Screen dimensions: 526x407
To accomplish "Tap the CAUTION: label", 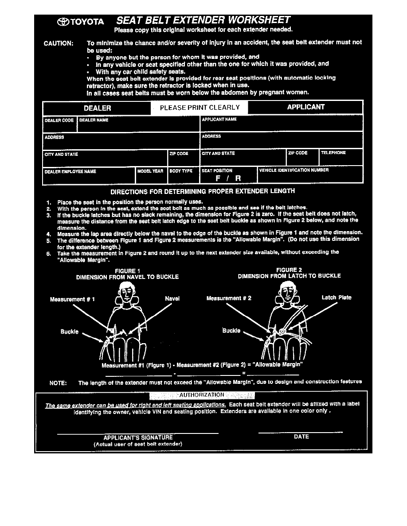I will point(59,43).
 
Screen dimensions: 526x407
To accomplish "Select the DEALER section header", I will point(97,108).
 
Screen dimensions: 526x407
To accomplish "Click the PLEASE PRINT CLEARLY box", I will point(200,108).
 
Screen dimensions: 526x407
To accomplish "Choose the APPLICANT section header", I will point(305,107).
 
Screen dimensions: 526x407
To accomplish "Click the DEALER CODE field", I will point(59,124).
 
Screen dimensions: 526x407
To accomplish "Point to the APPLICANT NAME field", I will point(281,124).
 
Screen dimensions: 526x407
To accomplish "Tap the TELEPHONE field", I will point(341,157).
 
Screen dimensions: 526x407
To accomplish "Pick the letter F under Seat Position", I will point(218,178).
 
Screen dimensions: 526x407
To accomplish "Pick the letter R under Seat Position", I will point(238,178).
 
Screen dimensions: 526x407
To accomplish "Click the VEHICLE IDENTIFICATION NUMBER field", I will point(310,174).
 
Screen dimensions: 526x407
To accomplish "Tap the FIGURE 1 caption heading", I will point(127,271).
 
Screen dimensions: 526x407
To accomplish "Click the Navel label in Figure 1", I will point(172,299).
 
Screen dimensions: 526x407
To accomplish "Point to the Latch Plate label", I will point(336,298).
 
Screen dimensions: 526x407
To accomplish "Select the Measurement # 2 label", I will point(229,298).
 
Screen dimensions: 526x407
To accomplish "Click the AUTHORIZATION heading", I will point(201,395).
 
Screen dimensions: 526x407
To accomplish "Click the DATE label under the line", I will point(301,437).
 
